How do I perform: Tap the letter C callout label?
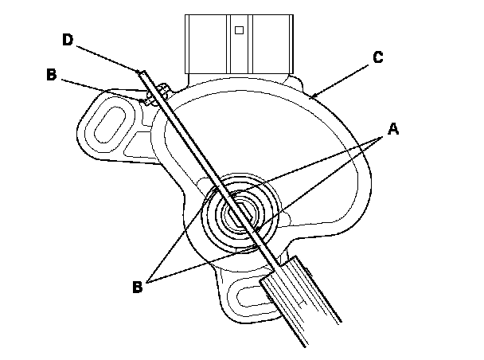coord(378,57)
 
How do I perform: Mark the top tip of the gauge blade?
coord(141,72)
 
